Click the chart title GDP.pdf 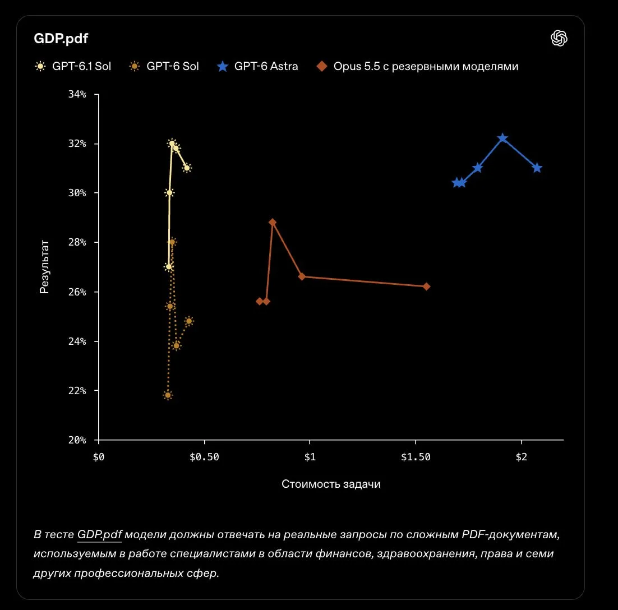[x=61, y=38]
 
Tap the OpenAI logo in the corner [x=559, y=38]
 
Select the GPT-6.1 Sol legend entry [x=73, y=66]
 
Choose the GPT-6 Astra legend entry [x=257, y=66]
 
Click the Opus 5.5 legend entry [x=417, y=66]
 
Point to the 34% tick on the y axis [x=77, y=94]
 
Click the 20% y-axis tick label [x=77, y=440]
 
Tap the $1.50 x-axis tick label [x=416, y=457]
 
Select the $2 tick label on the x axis [x=521, y=457]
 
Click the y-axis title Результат [x=44, y=267]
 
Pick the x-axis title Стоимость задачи [x=331, y=484]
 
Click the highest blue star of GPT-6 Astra [x=502, y=138]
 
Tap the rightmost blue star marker [x=537, y=168]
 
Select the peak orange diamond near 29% [x=273, y=223]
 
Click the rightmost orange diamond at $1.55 [x=426, y=286]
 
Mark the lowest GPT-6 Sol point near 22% [x=168, y=395]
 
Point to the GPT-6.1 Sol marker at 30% [x=169, y=193]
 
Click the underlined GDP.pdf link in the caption [x=99, y=535]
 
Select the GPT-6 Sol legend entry [x=164, y=66]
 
